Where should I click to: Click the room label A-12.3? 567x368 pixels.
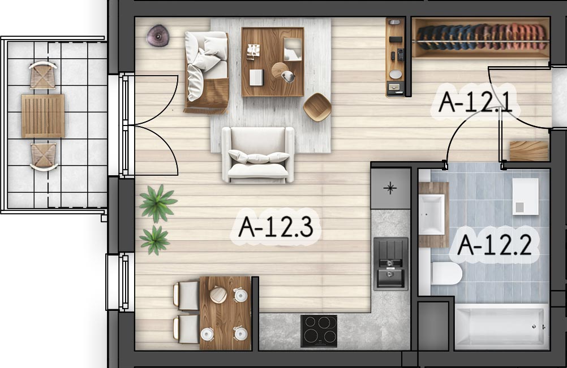tap(276, 227)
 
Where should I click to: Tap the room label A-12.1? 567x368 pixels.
tap(475, 102)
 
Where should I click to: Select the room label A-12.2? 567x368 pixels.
tap(494, 245)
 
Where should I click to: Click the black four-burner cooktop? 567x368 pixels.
tap(319, 331)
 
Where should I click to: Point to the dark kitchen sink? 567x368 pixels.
tap(390, 263)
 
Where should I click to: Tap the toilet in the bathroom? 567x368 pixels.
tap(446, 273)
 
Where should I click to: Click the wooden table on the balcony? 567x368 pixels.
tap(43, 116)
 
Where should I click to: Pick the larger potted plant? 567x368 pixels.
tap(158, 203)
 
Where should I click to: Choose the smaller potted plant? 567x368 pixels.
tap(155, 240)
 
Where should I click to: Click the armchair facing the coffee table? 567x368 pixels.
tap(258, 154)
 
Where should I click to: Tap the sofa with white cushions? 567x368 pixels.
tap(207, 72)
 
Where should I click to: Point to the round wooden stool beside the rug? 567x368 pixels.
tap(317, 107)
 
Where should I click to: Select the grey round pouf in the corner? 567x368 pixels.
tap(158, 36)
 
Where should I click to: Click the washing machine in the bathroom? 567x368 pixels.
tap(526, 196)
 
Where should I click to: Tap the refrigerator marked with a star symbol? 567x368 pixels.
tap(390, 188)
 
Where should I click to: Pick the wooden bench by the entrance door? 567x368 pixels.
tap(529, 151)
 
